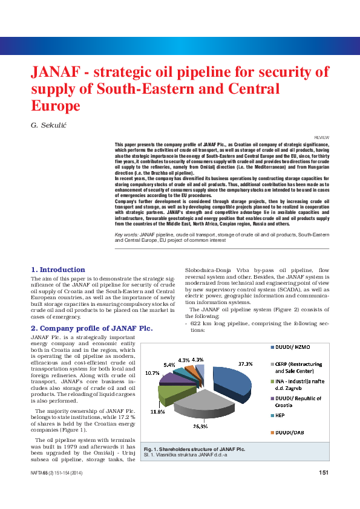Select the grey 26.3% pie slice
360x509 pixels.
[x=200, y=406]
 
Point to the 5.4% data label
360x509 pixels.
[x=170, y=365]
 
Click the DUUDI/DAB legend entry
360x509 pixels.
[x=288, y=433]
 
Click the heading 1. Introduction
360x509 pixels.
[x=58, y=269]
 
